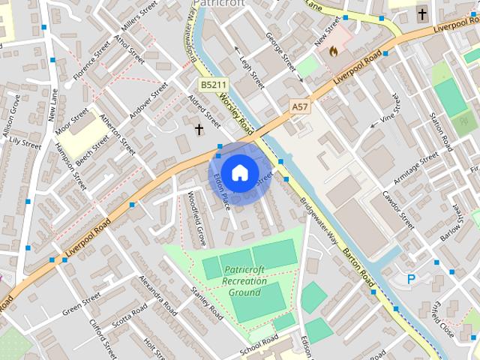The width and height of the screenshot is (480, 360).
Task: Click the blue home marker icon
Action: pos(239,172)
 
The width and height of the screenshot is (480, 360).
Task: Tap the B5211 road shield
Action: pos(213,86)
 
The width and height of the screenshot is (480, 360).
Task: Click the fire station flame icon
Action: pos(334,51)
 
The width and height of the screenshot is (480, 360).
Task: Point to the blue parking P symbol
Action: pos(411,279)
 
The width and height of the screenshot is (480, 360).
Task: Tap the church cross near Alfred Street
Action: pos(199,130)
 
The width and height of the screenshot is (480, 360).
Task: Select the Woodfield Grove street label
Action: pos(196,220)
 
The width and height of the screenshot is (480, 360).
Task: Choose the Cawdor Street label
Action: pos(397,209)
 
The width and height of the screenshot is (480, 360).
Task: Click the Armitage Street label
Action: pos(417,169)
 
